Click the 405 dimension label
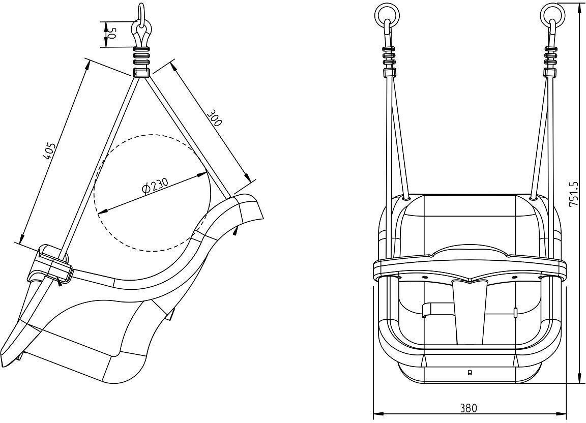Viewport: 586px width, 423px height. [50, 150]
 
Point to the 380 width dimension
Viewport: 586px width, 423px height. [468, 408]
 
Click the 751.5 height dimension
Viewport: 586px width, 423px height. [575, 194]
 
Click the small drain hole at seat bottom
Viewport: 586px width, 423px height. [470, 372]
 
